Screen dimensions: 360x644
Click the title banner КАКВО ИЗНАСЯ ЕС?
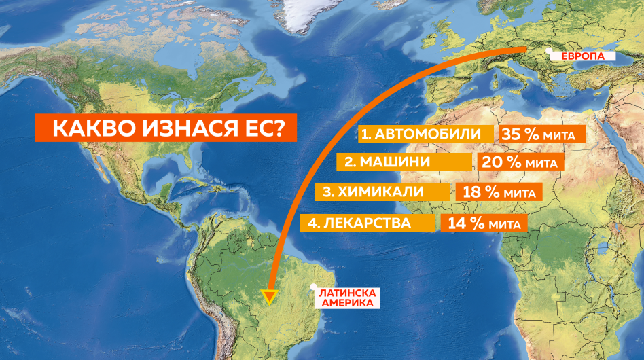point(166,129)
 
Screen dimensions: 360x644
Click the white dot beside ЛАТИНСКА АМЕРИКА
point(313,287)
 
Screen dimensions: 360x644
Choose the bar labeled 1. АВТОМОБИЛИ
point(426,134)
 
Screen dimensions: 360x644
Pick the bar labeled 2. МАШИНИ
point(404,162)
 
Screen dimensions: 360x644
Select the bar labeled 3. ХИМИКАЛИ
point(382,192)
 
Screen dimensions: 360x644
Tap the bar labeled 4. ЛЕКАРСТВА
point(368,223)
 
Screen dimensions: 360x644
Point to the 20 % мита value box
point(520,162)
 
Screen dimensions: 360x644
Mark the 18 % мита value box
point(499,192)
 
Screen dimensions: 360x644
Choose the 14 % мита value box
point(483,223)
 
